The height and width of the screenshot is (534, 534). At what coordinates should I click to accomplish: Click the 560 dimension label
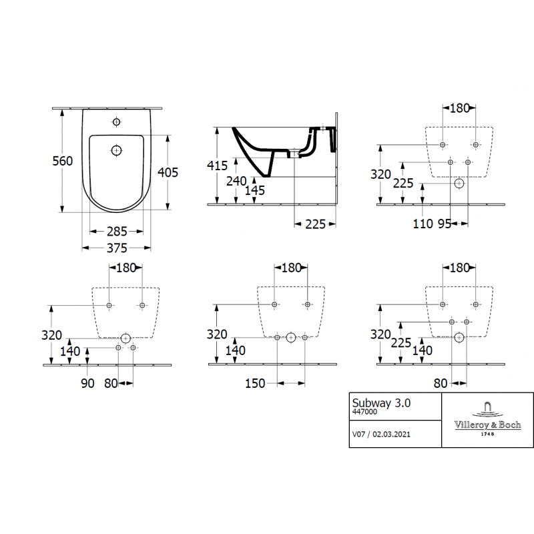point(63,161)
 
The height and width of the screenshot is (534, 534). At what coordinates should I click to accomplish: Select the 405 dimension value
point(168,172)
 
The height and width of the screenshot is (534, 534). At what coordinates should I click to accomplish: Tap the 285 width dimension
point(117,232)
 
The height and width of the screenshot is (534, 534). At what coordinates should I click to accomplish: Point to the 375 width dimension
point(117,248)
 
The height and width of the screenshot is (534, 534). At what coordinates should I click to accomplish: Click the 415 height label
point(218,166)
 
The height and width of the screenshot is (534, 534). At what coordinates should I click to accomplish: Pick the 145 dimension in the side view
point(255,190)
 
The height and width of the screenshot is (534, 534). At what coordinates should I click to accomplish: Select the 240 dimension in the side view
point(236,181)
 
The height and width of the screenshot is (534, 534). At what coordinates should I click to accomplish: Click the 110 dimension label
point(423,224)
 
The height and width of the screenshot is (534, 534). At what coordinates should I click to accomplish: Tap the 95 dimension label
point(445,224)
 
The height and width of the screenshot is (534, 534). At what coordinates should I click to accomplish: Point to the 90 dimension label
point(87,383)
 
